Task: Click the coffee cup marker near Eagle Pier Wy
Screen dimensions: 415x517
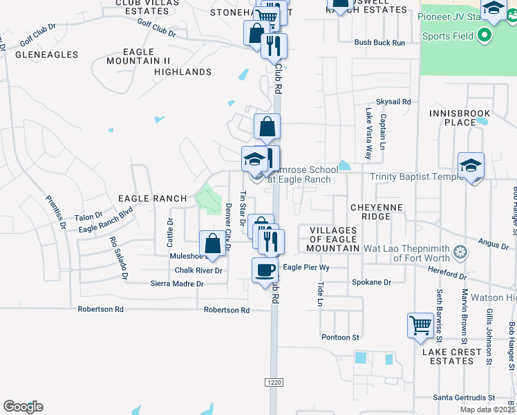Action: (x=265, y=270)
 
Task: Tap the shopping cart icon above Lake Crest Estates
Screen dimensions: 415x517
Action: (x=420, y=324)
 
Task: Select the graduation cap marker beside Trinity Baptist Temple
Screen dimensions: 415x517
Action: (x=471, y=166)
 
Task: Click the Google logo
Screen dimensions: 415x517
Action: (x=23, y=407)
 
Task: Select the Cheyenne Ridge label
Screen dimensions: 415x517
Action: (x=370, y=207)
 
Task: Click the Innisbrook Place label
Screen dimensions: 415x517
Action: (x=459, y=118)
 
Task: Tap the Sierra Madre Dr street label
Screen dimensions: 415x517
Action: (x=178, y=284)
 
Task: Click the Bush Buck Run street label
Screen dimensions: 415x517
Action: (x=379, y=42)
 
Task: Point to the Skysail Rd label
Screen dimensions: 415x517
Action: (x=393, y=101)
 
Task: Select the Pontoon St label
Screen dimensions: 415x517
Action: (x=341, y=338)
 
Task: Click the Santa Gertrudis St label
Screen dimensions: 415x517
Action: (x=464, y=398)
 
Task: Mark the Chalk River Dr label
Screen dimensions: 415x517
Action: (x=198, y=270)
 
